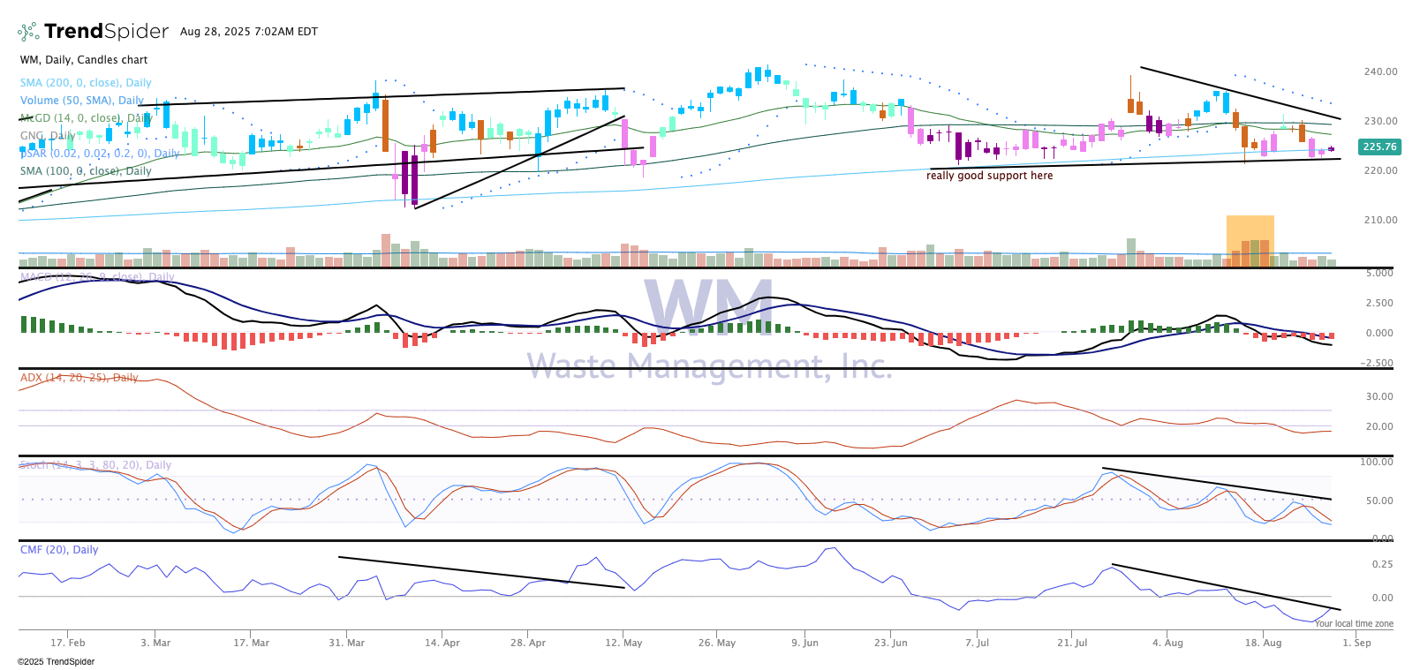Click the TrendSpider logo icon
tap(28, 32)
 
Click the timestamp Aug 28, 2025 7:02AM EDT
tap(248, 32)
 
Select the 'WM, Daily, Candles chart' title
tap(84, 60)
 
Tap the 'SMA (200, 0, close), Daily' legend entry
tap(86, 83)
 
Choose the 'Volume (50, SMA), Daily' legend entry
tap(81, 101)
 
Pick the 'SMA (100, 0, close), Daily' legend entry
tap(86, 171)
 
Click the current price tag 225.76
tap(1379, 147)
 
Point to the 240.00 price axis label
tap(1380, 72)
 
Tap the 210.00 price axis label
tap(1380, 220)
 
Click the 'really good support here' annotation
tap(989, 176)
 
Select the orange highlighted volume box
tap(1250, 240)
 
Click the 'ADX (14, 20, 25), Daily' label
tap(79, 378)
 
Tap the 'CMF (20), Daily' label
tap(59, 550)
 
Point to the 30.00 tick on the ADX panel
tap(1379, 396)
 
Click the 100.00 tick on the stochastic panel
tap(1376, 462)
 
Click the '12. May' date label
tap(623, 643)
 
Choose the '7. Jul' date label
tap(977, 643)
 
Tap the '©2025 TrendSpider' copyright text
tap(56, 661)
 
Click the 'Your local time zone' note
tap(1353, 623)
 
